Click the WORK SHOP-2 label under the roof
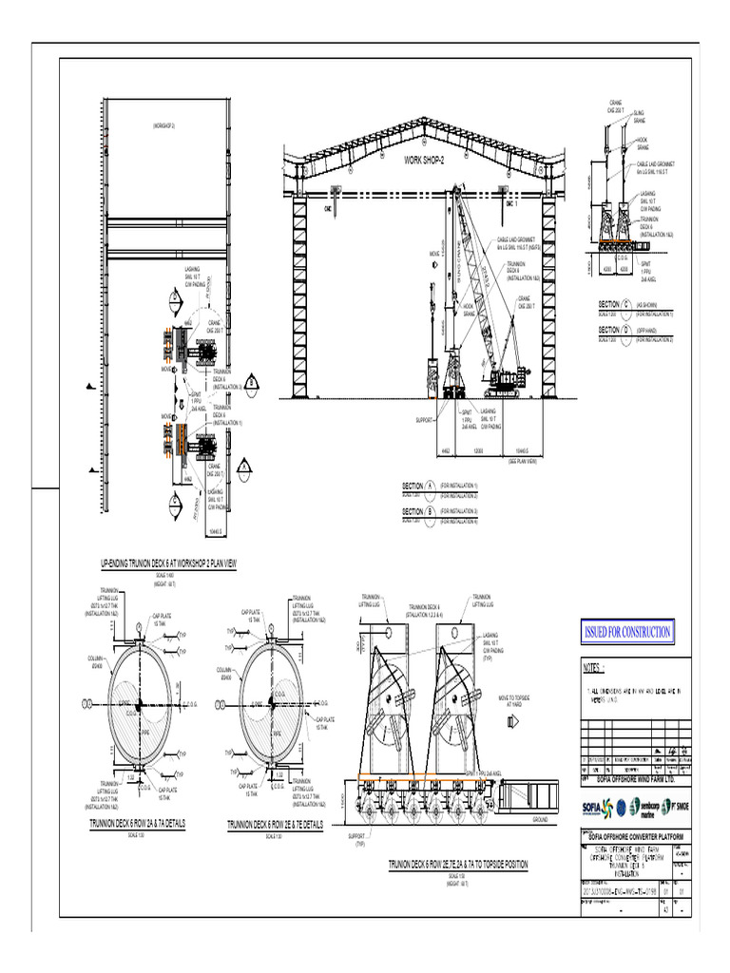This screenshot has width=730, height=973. point(424,161)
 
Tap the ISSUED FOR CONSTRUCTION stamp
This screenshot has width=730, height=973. point(626,632)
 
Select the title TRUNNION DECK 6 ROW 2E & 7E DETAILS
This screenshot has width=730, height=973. point(275,825)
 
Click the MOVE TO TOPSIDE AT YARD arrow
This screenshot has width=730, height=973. point(513,722)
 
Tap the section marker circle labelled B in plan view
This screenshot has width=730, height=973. point(251,382)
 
